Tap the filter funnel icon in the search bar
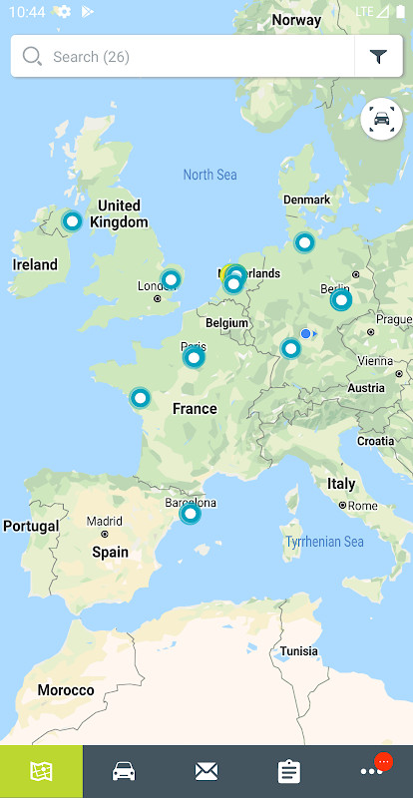click(x=379, y=57)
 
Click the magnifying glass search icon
click(x=32, y=57)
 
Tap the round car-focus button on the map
click(x=382, y=120)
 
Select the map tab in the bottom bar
click(x=41, y=771)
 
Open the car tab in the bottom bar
click(x=124, y=771)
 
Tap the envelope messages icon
click(x=206, y=771)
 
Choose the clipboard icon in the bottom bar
click(x=289, y=771)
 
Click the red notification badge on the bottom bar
click(x=383, y=762)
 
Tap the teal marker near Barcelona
click(x=190, y=514)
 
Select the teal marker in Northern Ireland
click(x=72, y=220)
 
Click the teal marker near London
click(x=171, y=279)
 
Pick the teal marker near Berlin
click(x=341, y=299)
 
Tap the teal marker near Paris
click(x=194, y=357)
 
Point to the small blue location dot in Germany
click(x=305, y=334)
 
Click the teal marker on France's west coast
click(x=141, y=398)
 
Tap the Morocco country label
click(x=66, y=690)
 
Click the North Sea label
click(x=209, y=175)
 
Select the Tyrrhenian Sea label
click(x=324, y=542)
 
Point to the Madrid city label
click(x=104, y=521)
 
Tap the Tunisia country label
click(x=299, y=650)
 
